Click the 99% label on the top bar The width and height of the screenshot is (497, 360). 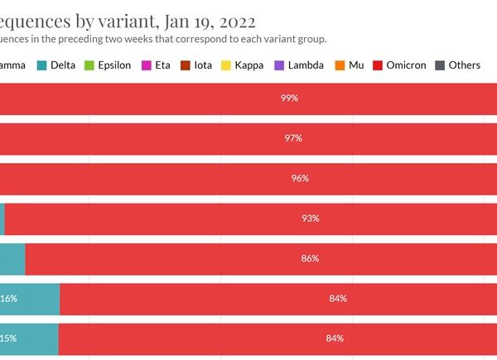(289, 98)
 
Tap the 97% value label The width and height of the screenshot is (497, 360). (292, 138)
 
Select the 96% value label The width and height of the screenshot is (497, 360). (300, 178)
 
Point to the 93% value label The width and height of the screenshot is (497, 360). (311, 218)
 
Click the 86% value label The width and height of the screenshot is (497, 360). (310, 258)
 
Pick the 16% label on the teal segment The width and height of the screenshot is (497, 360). (8, 298)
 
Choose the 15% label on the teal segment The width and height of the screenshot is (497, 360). (8, 338)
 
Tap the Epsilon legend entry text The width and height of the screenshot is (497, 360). (113, 65)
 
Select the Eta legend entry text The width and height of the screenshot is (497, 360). (162, 65)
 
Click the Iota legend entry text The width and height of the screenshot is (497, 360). (203, 65)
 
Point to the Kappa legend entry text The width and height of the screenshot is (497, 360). (248, 65)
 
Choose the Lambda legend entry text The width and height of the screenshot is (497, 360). (305, 65)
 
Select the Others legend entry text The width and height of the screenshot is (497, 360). (464, 65)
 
